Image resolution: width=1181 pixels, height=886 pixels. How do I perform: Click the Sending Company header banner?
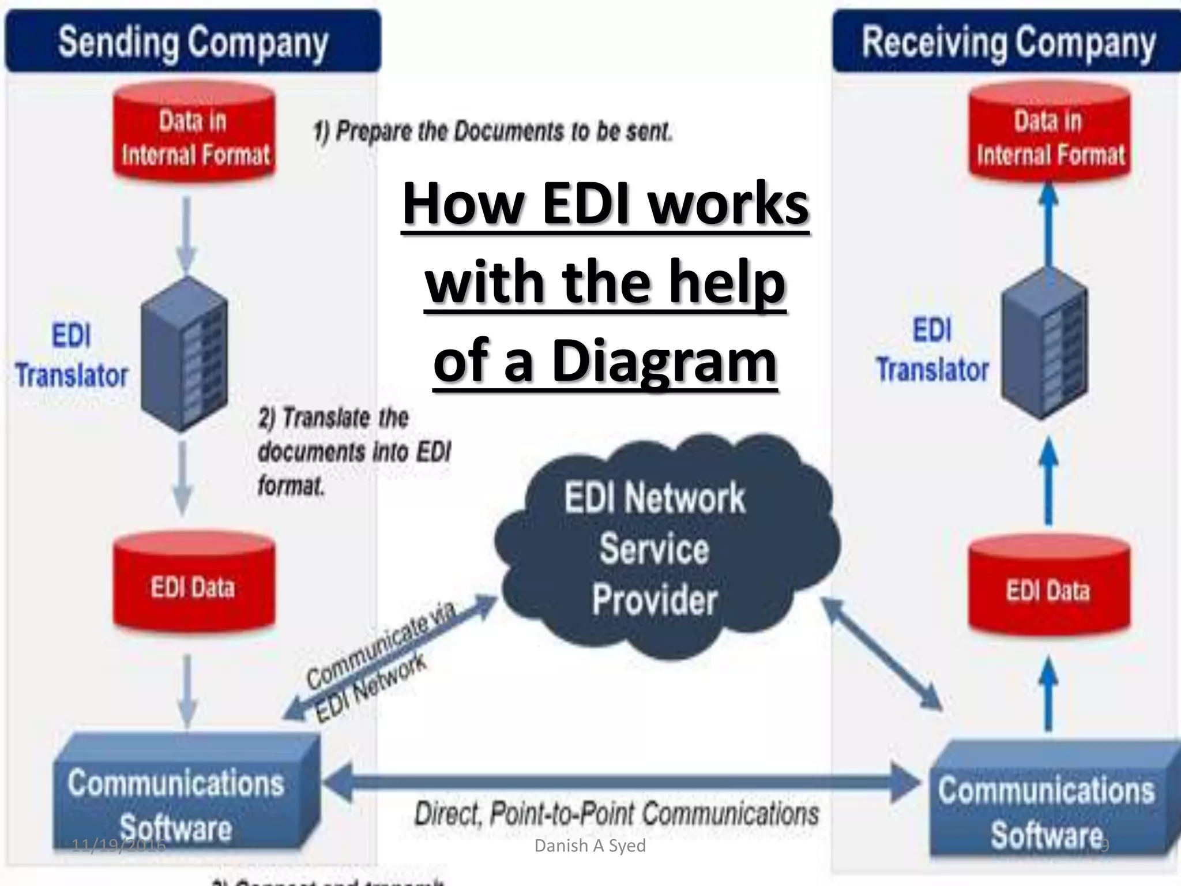(x=193, y=42)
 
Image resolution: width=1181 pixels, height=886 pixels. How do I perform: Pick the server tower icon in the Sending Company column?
(x=185, y=353)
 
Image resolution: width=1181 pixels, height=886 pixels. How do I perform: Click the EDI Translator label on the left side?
(x=72, y=355)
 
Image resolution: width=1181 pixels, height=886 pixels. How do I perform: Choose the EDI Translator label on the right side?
(x=932, y=350)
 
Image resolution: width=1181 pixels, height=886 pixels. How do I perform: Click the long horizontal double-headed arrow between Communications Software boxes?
(x=620, y=782)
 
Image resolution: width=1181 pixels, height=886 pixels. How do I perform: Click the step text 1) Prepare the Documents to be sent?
(x=493, y=132)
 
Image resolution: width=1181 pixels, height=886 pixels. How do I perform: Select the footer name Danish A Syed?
(x=590, y=846)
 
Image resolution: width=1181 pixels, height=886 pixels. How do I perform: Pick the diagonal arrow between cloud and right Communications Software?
(x=882, y=655)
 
